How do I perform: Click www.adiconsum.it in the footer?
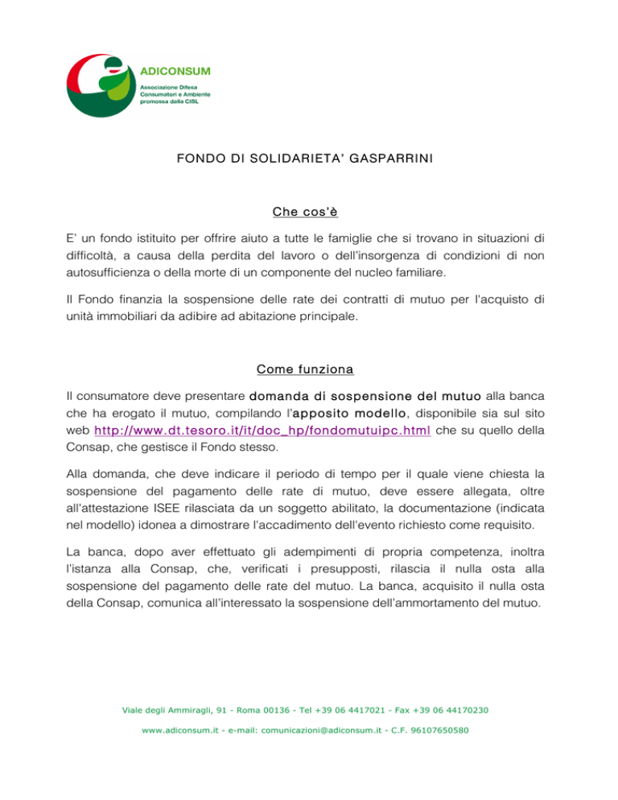(x=178, y=731)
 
